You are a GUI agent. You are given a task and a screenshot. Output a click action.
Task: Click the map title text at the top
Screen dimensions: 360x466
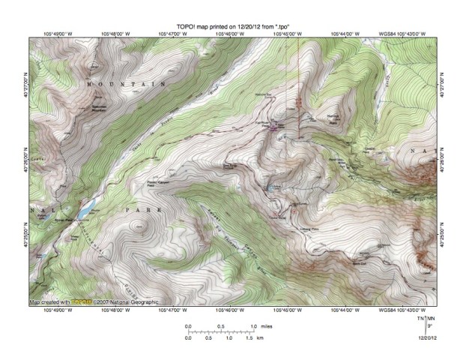[x=233, y=25]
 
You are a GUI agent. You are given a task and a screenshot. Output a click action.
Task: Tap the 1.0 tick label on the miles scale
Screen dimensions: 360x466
[x=254, y=326]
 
